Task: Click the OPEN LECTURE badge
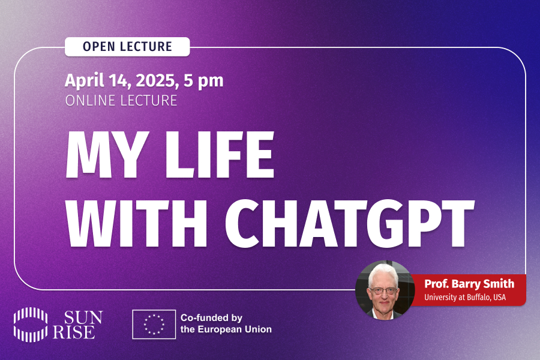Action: click(x=127, y=47)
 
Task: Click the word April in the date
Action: click(x=85, y=81)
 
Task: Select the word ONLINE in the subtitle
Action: click(x=90, y=101)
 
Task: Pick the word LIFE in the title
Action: click(x=220, y=154)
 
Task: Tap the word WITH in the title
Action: click(x=136, y=223)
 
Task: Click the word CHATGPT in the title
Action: click(x=350, y=223)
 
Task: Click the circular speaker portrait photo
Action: click(x=385, y=290)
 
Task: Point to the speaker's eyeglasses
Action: click(x=383, y=291)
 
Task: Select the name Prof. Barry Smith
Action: click(x=469, y=284)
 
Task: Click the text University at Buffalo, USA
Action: click(x=465, y=297)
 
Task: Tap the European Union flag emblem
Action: click(x=154, y=324)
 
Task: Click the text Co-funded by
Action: click(x=211, y=317)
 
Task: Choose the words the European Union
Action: click(x=226, y=329)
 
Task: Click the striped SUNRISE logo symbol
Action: click(x=31, y=325)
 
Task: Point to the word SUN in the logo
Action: click(x=83, y=317)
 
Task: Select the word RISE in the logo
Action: click(x=74, y=332)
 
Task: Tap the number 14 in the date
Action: click(x=120, y=81)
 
